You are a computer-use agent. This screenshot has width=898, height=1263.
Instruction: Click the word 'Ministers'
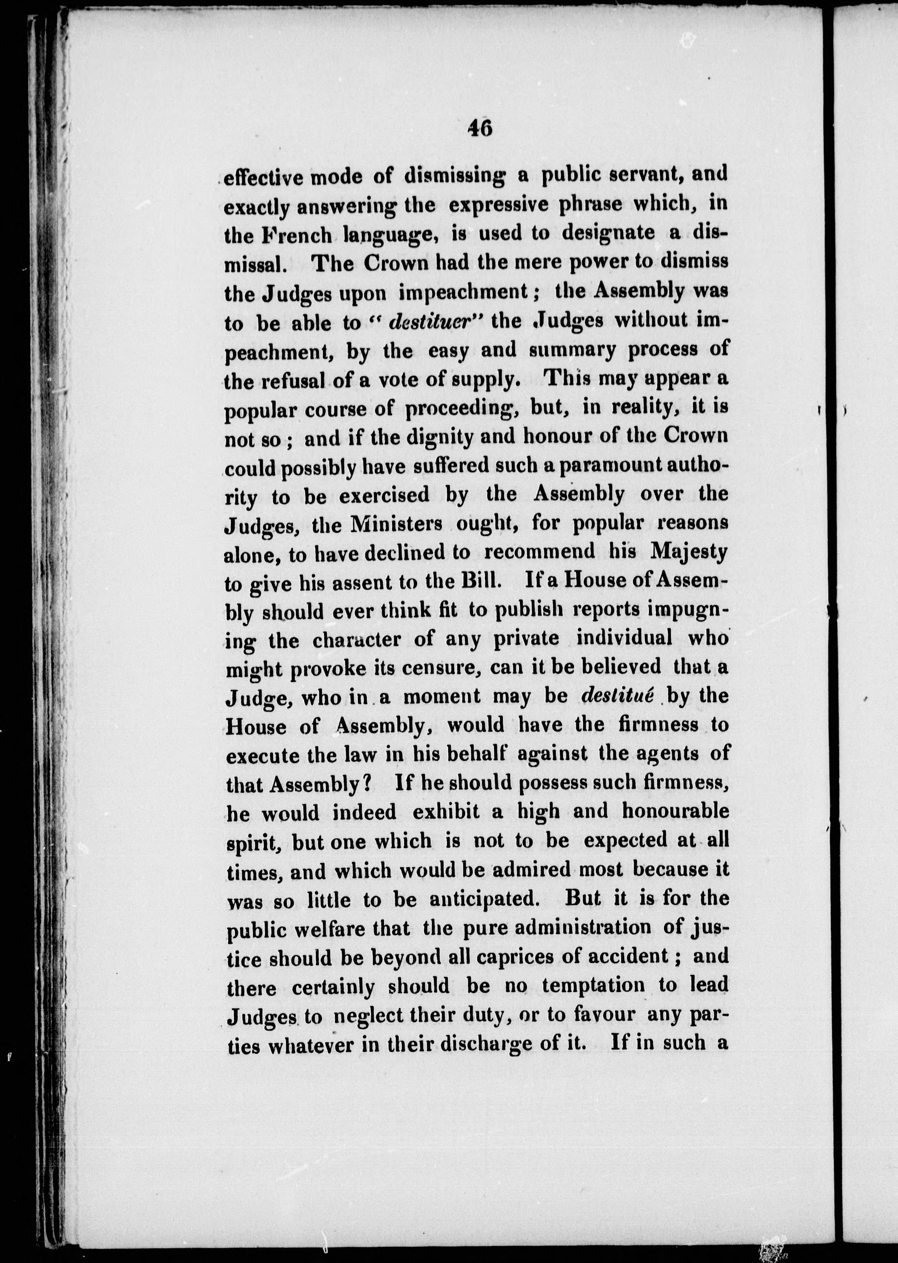click(396, 524)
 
